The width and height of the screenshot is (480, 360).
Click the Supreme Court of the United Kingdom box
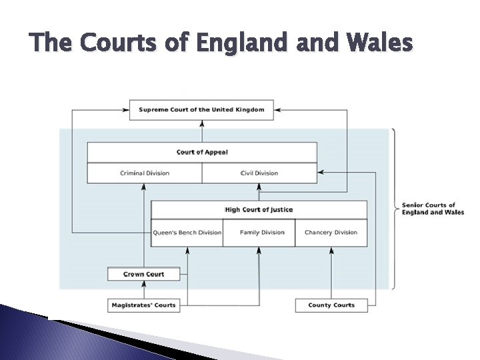click(201, 109)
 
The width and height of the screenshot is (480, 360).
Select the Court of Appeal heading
click(202, 152)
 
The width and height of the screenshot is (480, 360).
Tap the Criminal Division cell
click(145, 173)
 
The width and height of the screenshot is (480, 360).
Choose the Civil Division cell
click(259, 173)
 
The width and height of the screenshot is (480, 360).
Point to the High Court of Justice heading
click(259, 210)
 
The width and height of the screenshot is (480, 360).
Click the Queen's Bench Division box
click(187, 233)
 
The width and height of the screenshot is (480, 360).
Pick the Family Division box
click(259, 233)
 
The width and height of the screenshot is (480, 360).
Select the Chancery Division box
click(331, 233)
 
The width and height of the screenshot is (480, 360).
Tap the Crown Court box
click(143, 274)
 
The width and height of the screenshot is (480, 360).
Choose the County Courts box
click(331, 305)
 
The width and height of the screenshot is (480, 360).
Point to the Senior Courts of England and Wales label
click(433, 209)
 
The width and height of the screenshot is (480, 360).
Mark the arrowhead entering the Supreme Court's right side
click(277, 109)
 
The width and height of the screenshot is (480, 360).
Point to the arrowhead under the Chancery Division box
click(331, 250)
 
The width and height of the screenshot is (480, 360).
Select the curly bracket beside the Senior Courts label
click(394, 208)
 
